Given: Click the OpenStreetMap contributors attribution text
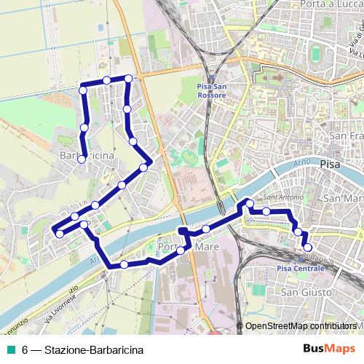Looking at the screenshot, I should click(301, 326).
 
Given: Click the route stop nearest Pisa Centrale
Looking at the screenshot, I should click(308, 248).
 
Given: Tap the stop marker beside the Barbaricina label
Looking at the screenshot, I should click(82, 159).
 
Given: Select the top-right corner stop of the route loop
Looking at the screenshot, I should click(129, 79).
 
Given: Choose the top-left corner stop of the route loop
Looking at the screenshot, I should click(83, 90).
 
